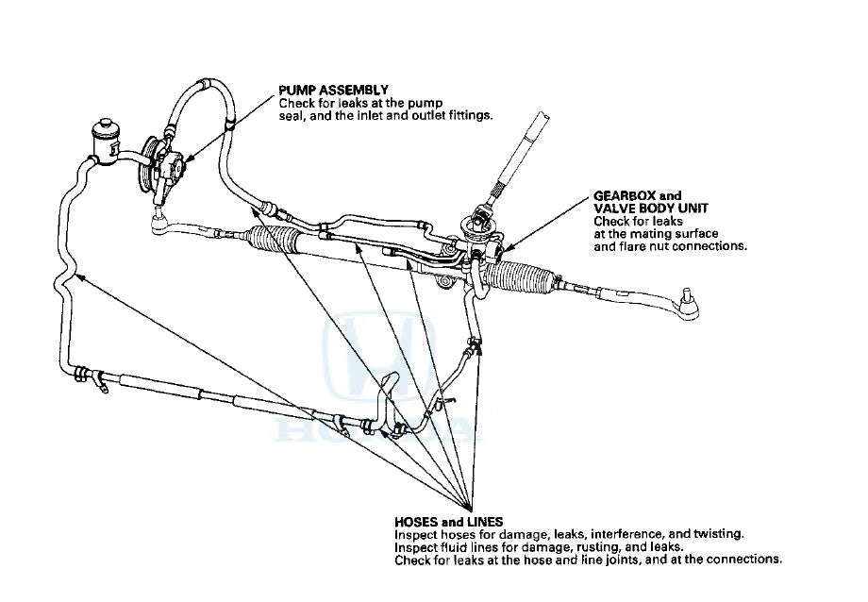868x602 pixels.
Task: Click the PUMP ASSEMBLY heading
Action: [325, 90]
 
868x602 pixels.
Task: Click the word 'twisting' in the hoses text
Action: [720, 534]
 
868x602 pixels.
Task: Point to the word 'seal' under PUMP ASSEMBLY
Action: [293, 114]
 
